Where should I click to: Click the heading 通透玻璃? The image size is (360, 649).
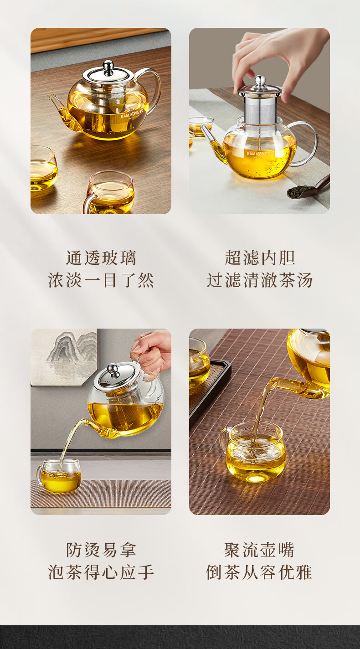coord(101,258)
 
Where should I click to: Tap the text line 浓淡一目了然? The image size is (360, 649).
coord(101,280)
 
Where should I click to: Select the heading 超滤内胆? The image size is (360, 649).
coord(260,258)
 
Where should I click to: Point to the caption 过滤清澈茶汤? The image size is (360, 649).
coord(260,280)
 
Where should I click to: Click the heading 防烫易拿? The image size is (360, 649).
coord(101,550)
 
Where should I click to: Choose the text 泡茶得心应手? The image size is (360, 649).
coord(101,572)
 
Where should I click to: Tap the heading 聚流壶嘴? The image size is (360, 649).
coord(260,550)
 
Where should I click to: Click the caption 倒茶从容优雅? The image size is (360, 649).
coord(260,572)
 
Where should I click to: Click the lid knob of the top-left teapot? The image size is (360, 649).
coord(108,67)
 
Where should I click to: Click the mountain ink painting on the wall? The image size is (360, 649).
coord(64,357)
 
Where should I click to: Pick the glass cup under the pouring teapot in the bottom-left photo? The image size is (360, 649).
coord(59,475)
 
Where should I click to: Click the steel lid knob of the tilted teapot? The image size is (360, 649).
coord(113,371)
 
